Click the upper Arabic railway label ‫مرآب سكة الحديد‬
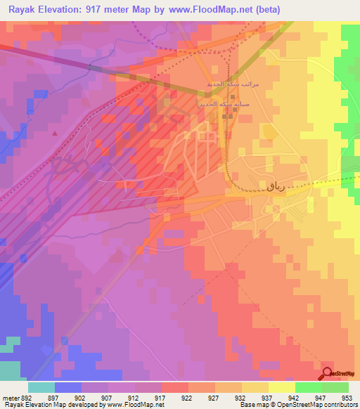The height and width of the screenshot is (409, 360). (x=232, y=84)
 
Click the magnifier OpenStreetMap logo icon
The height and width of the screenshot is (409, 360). (x=328, y=372)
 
